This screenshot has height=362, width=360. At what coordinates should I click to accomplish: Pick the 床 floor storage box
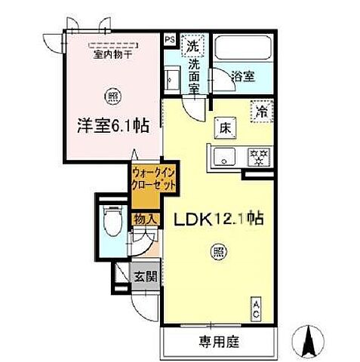(x=224, y=127)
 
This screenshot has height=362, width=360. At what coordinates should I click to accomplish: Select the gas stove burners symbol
(x=260, y=157)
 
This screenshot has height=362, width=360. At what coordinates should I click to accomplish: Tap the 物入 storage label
(x=146, y=219)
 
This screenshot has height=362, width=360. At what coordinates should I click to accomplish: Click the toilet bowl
(x=112, y=222)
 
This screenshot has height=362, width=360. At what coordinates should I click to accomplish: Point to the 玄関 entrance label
(x=146, y=277)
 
